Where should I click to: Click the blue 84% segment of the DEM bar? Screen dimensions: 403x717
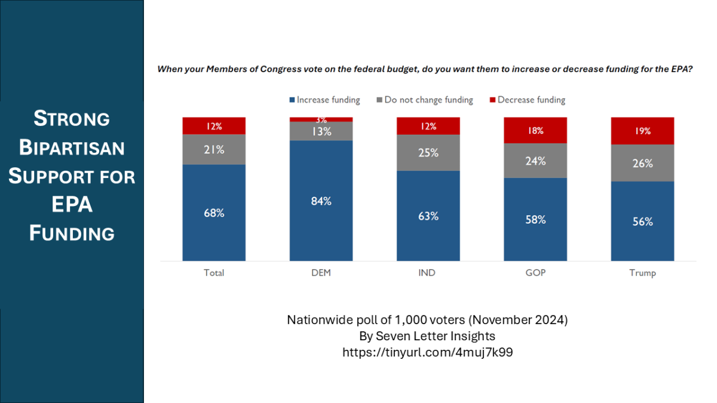point(321,201)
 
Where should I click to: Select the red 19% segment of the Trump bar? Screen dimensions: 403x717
point(642,131)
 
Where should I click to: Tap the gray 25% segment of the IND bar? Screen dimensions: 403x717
point(428,153)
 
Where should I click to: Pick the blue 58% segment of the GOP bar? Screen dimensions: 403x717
point(535,219)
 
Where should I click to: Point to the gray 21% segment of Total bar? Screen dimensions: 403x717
point(214,149)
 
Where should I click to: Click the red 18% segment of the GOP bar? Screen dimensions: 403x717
point(535,131)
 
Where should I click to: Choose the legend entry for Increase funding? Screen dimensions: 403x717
point(324,100)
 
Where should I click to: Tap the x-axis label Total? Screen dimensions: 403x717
point(214,273)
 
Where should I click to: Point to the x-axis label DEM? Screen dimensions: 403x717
point(321,273)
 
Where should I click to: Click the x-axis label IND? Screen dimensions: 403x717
point(428,273)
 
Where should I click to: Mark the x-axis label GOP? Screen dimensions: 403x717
point(535,273)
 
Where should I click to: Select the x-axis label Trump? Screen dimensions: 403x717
point(642,273)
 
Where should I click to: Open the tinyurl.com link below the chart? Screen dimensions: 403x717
point(427,352)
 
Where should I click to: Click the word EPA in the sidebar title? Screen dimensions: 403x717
point(72,205)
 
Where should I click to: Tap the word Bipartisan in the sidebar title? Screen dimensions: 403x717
point(72,147)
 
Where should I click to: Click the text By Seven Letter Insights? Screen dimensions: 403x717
point(427,336)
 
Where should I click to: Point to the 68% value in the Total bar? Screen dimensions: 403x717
point(214,213)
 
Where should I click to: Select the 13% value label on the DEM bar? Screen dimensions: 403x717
point(321,131)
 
